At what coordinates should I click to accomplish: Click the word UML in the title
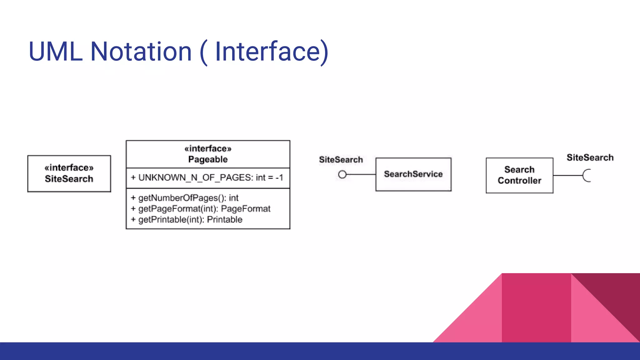55,52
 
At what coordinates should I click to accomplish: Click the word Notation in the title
141,52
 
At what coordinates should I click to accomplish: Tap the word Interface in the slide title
267,52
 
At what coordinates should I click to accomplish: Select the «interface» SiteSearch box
69,173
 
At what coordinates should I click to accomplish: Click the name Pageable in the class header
208,159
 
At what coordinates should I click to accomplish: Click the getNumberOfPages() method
184,198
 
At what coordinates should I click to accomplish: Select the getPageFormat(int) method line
200,209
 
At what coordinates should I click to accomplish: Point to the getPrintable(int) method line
187,220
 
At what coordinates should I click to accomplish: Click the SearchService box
413,174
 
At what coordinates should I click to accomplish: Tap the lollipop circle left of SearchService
342,174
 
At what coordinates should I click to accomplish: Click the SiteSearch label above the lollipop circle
341,160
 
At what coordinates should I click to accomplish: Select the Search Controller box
519,175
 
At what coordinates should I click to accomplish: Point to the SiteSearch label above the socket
590,157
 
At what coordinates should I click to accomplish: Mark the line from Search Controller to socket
567,175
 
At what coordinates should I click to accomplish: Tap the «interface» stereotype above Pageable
208,148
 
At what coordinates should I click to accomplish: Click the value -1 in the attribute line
279,178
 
